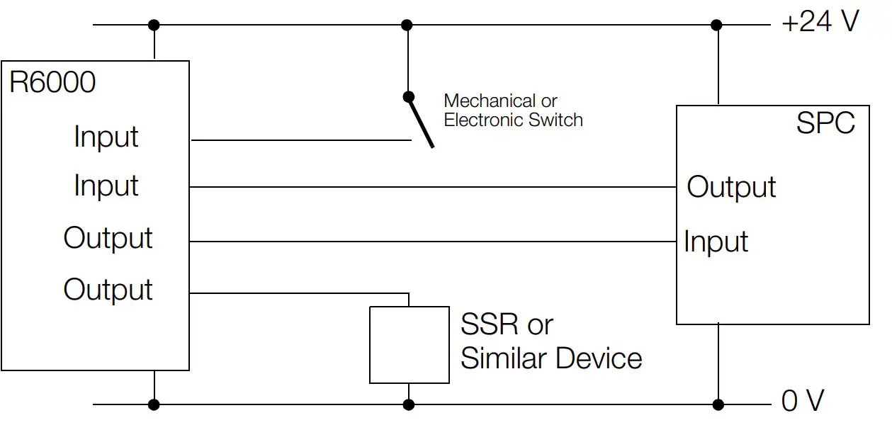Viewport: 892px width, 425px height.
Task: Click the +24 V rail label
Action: coord(819,23)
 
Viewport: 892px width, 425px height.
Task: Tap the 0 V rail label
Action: coord(802,402)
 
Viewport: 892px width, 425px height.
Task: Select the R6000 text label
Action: coord(52,83)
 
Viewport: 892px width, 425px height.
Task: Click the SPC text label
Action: coord(825,123)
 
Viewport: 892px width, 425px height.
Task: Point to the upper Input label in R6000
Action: coord(106,137)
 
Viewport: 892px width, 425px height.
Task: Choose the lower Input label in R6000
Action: coord(106,186)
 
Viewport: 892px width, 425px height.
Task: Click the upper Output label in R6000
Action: coord(108,238)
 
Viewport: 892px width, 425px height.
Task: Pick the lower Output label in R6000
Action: coord(108,290)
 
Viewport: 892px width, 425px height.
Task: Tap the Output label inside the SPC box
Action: coord(731,187)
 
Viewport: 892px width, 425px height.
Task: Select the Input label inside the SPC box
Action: coord(716,242)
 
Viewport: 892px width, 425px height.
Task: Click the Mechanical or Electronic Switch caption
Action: coord(513,110)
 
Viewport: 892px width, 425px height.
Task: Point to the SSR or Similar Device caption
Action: coord(551,341)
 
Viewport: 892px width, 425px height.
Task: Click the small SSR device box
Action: coord(409,345)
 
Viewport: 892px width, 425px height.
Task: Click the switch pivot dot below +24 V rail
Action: coord(407,96)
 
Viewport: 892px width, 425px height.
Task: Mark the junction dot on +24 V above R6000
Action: coord(154,25)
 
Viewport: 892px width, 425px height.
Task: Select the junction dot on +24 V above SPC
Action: coord(717,25)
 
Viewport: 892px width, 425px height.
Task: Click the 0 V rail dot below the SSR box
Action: coord(408,404)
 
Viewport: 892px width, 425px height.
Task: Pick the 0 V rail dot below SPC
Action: coord(718,404)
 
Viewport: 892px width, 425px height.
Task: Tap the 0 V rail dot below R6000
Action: coord(154,404)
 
